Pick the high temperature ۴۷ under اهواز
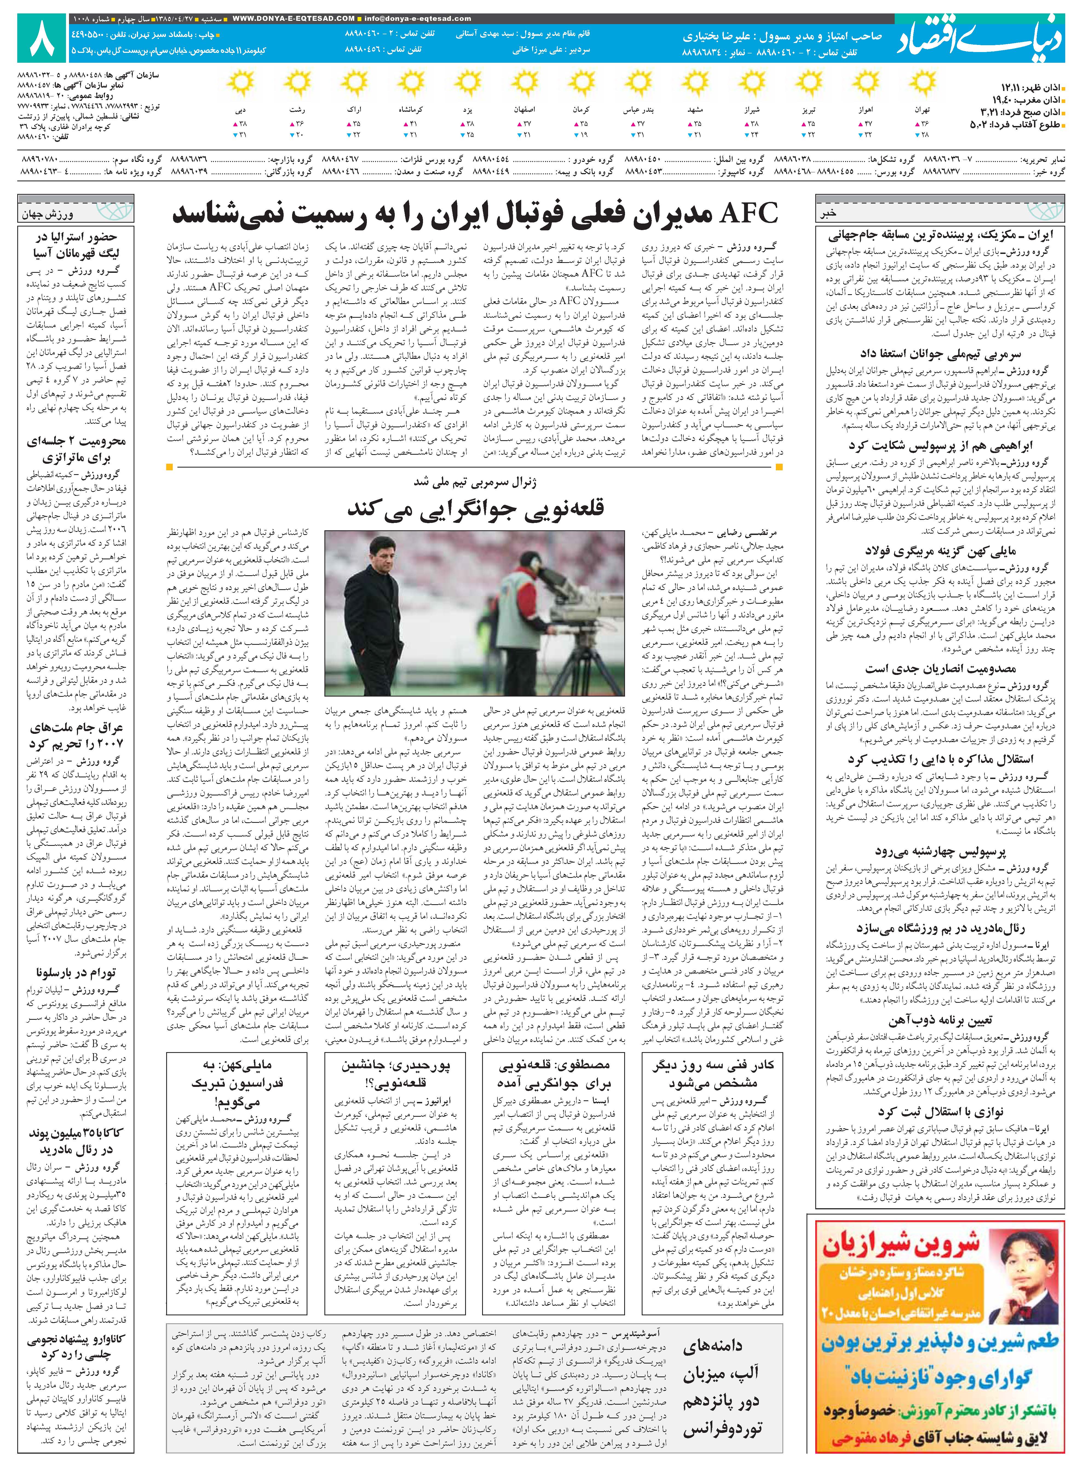pyautogui.click(x=868, y=124)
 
